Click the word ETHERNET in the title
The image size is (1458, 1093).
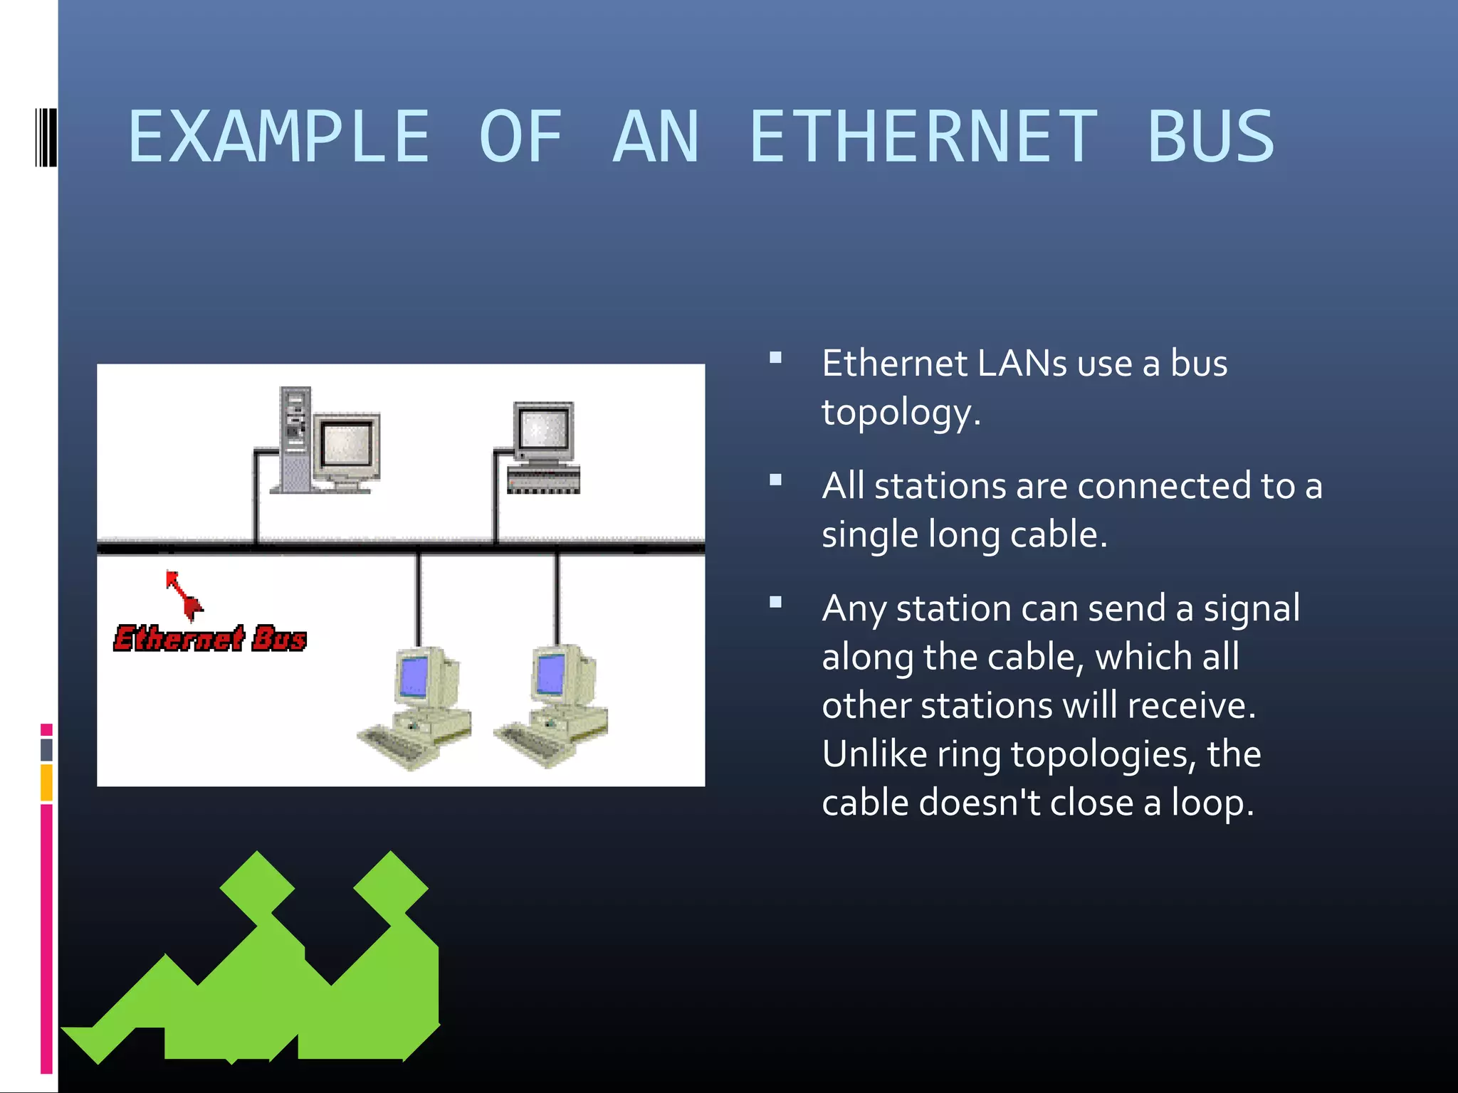coord(923,137)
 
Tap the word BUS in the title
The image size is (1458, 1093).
coord(1210,137)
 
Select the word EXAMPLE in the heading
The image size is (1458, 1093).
coord(279,137)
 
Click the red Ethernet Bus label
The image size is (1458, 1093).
coord(210,638)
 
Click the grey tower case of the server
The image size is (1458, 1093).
coord(295,439)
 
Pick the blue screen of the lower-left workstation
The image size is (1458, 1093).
coord(414,676)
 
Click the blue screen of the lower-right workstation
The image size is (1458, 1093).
coord(550,673)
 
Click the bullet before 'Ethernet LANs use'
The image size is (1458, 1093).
coord(776,358)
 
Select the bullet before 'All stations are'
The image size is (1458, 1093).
coord(776,480)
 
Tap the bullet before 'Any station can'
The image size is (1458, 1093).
coord(776,603)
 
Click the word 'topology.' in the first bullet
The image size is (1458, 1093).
coord(901,413)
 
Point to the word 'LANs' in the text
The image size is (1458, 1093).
coord(1022,364)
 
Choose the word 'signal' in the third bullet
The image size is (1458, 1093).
coord(1252,609)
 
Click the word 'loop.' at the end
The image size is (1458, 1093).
coord(1212,803)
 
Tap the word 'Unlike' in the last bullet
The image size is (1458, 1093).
coord(874,754)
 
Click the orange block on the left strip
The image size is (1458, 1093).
coord(46,782)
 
